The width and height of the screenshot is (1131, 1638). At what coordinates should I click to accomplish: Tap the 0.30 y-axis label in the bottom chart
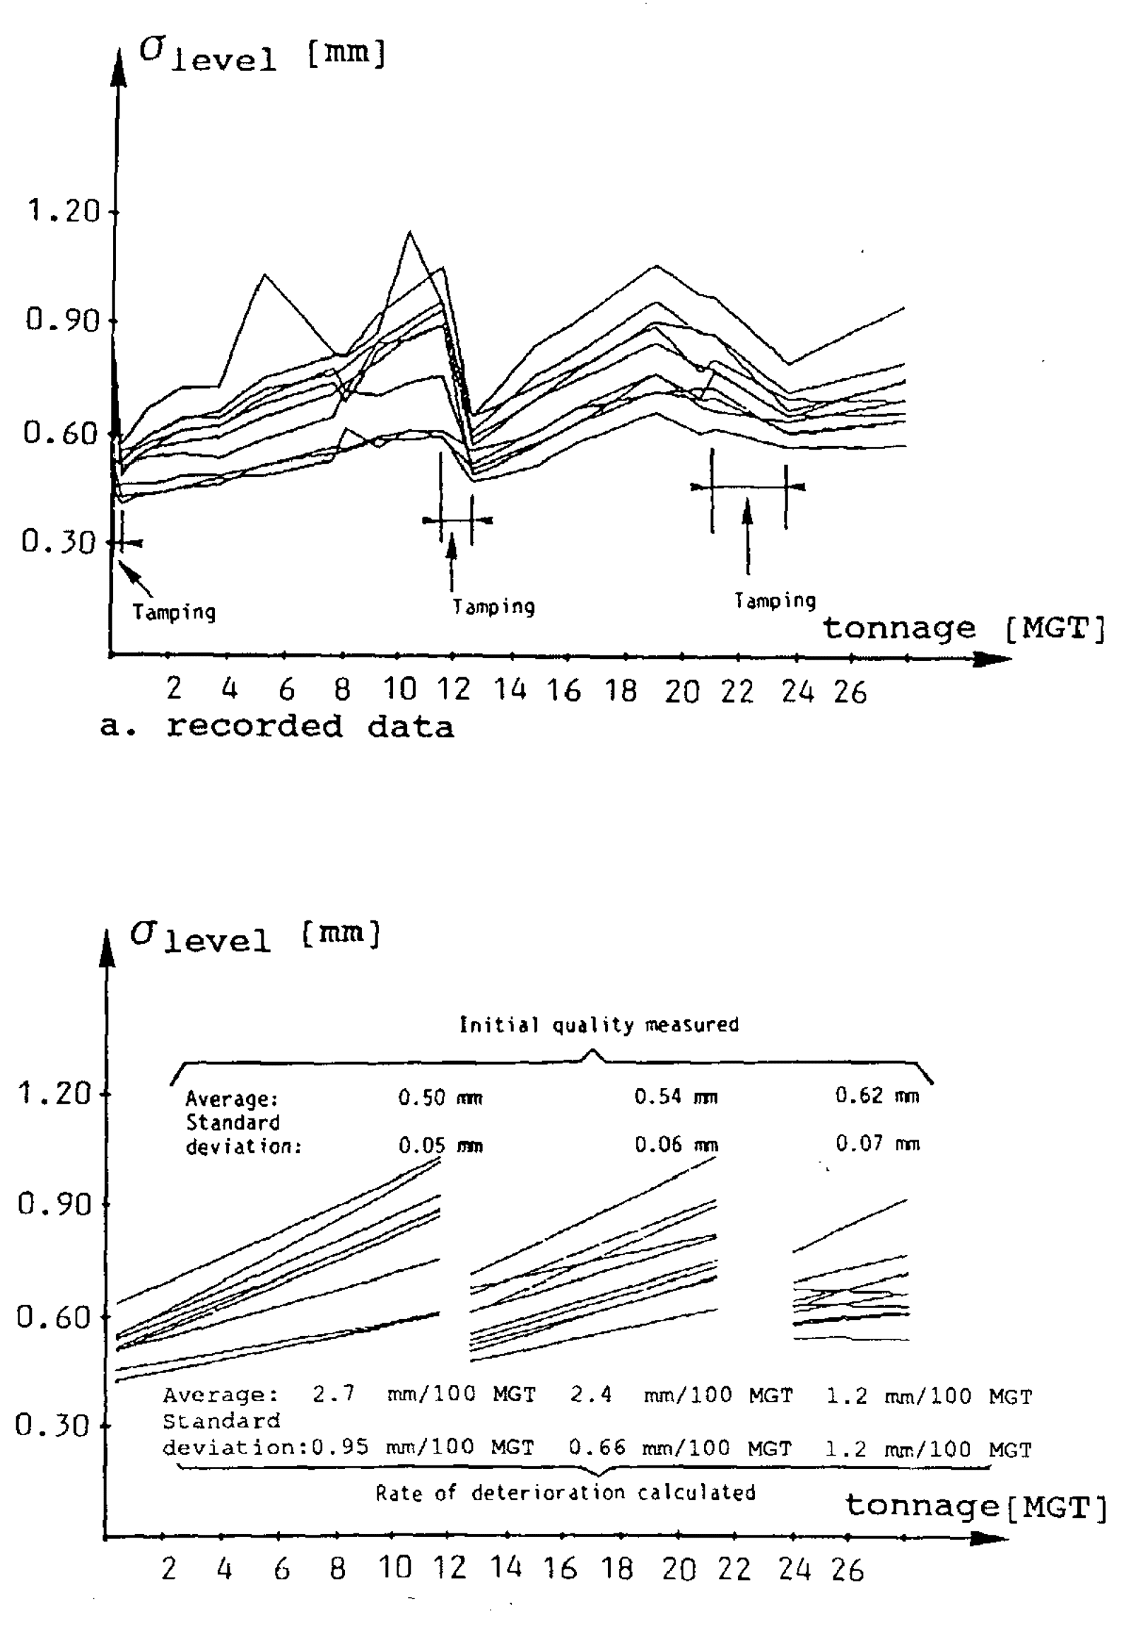pyautogui.click(x=53, y=1425)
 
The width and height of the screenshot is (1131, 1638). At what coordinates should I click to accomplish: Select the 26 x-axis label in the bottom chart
pyautogui.click(x=848, y=1571)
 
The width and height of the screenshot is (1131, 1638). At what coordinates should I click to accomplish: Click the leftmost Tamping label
pyautogui.click(x=175, y=612)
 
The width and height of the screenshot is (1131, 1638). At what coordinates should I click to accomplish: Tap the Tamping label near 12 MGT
pyautogui.click(x=494, y=607)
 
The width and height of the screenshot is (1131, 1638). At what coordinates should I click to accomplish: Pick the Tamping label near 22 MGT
pyautogui.click(x=775, y=601)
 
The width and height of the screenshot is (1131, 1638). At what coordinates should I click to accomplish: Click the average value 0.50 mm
pyautogui.click(x=440, y=1098)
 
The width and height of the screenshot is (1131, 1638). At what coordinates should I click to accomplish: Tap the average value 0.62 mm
pyautogui.click(x=877, y=1096)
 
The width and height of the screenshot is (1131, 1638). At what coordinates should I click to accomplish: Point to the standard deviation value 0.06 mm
pyautogui.click(x=676, y=1145)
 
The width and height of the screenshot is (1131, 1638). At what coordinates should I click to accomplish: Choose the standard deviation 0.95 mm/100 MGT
pyautogui.click(x=422, y=1446)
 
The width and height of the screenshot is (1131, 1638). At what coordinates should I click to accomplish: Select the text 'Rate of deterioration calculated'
pyautogui.click(x=565, y=1492)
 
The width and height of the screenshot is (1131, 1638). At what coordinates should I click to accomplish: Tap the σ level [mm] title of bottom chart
pyautogui.click(x=256, y=937)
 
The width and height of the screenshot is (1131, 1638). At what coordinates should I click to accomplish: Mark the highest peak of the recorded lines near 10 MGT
pyautogui.click(x=409, y=232)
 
